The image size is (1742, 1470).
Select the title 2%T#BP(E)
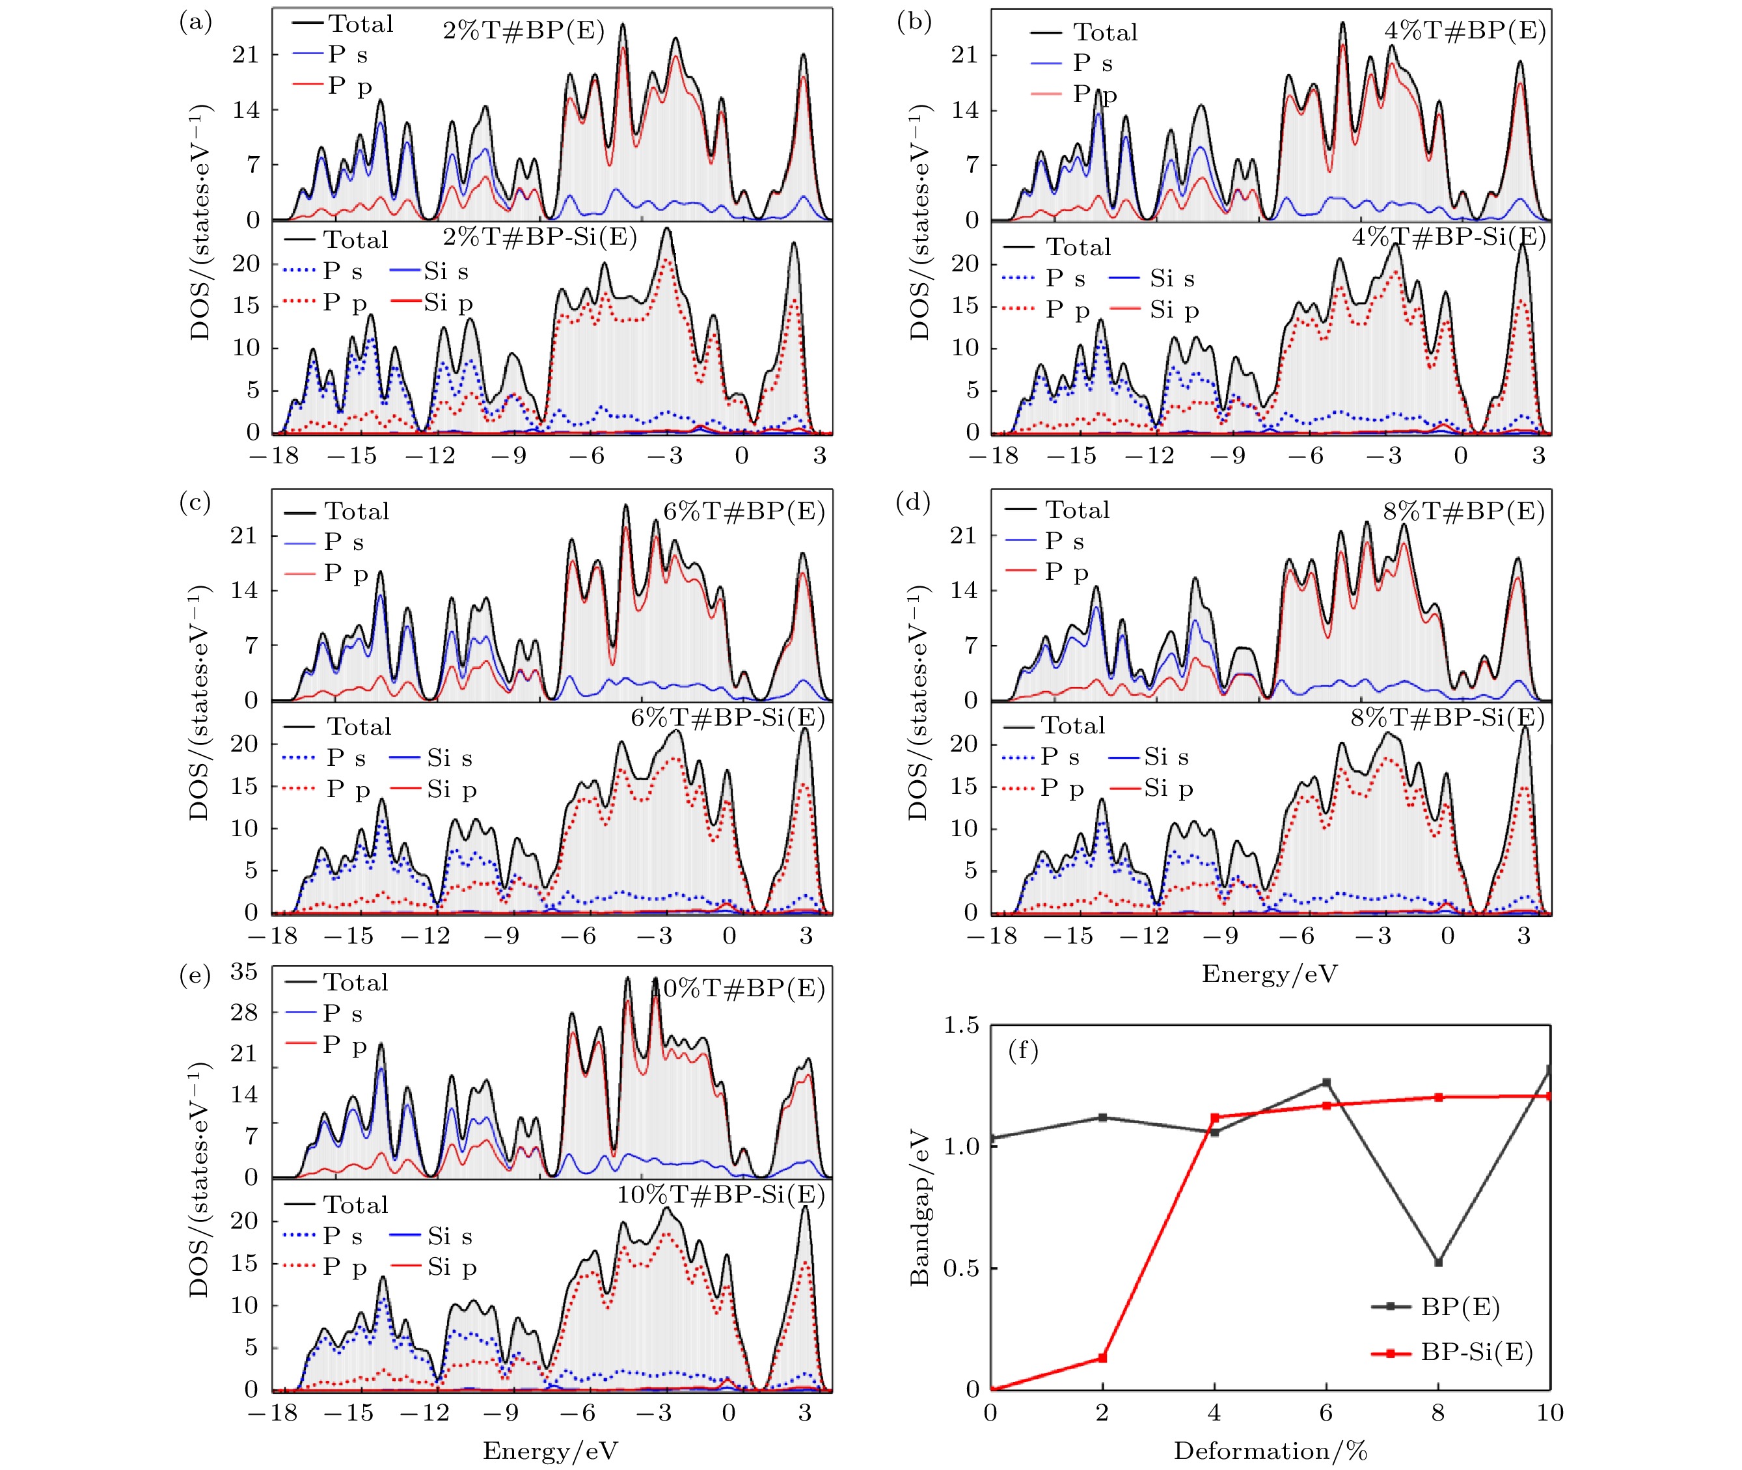[x=523, y=33]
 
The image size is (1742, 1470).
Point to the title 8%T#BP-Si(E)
[x=1448, y=718]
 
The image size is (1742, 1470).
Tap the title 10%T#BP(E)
[x=739, y=988]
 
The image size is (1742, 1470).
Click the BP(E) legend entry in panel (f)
[x=1460, y=1307]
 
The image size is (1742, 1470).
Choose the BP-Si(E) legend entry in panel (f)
[x=1476, y=1352]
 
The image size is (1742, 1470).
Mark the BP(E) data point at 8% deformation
[x=1437, y=1262]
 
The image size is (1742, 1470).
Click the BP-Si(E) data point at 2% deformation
[x=1103, y=1358]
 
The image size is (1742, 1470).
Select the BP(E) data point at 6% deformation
[x=1326, y=1083]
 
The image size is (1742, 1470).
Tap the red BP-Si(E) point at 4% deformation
[x=1214, y=1117]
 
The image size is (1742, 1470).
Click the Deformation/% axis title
[x=1270, y=1451]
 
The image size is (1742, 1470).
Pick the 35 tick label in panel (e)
[x=243, y=972]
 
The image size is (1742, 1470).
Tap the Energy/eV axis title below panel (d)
[x=1270, y=973]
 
